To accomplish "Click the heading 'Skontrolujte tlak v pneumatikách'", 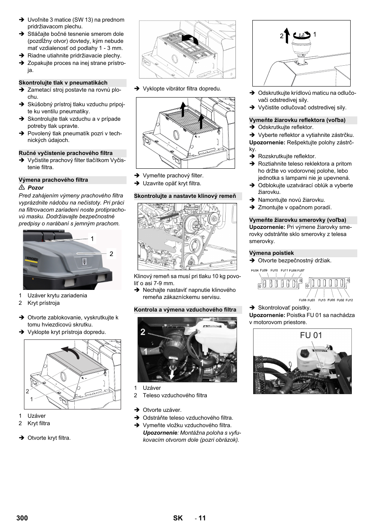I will click(x=63, y=83).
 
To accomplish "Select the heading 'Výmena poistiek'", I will click(x=272, y=253).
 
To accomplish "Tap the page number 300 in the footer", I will click(x=22, y=518).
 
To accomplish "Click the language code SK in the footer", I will click(x=178, y=518).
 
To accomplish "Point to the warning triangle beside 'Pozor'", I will click(x=22, y=188).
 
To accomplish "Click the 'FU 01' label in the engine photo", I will click(x=311, y=336).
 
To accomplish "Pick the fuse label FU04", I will click(x=255, y=271).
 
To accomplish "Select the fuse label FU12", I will click(x=349, y=300).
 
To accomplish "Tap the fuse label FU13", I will click(x=322, y=300).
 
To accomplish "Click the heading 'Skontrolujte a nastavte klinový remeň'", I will click(x=185, y=196).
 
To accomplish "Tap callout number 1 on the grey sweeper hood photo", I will click(x=92, y=239).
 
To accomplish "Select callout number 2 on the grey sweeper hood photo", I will click(x=111, y=254).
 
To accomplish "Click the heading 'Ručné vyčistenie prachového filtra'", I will click(x=66, y=153).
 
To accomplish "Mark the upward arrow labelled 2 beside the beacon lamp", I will click(x=287, y=35).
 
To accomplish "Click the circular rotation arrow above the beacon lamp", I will click(x=302, y=35).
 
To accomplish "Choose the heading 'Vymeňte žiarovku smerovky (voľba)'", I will click(x=298, y=220).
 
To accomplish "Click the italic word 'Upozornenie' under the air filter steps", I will click(x=160, y=433).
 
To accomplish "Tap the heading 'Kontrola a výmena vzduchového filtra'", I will click(x=185, y=310).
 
